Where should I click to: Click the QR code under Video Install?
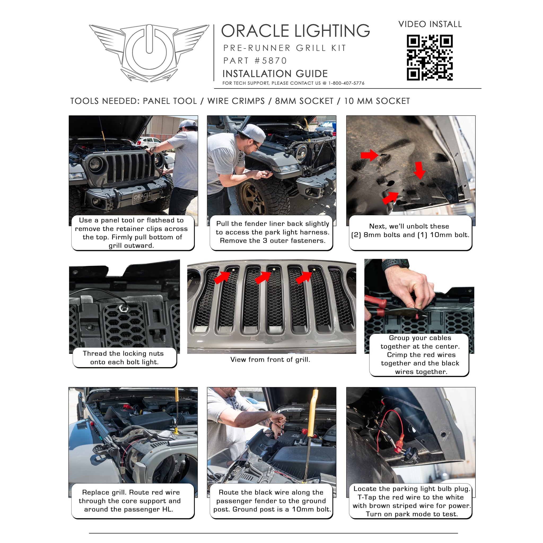(430, 58)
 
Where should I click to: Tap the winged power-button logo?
(149, 53)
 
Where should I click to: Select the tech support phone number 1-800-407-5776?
(346, 83)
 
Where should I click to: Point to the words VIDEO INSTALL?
(430, 24)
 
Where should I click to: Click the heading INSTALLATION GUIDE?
(275, 74)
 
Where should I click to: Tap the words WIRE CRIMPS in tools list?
(236, 101)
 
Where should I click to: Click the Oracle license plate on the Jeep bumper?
(142, 197)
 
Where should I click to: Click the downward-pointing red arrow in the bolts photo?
(420, 170)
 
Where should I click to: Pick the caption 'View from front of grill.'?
(270, 360)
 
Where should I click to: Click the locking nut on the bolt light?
(123, 308)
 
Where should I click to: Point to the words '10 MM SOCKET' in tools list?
(377, 101)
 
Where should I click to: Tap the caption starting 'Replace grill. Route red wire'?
(130, 501)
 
